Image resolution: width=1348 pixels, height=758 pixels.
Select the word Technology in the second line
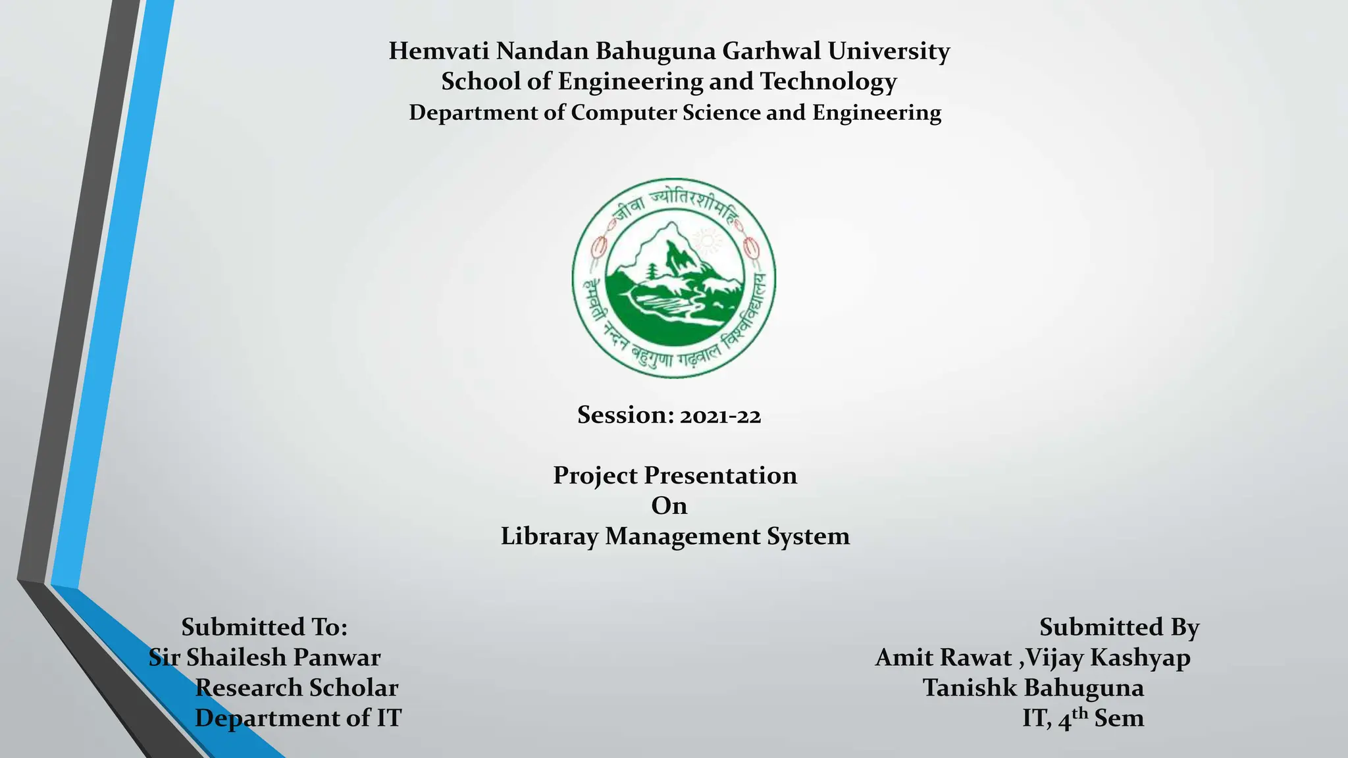tap(828, 82)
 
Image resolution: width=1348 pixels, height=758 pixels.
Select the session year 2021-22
tap(720, 417)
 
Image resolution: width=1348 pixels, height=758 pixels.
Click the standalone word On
tap(669, 506)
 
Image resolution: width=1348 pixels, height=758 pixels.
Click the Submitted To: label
tap(264, 627)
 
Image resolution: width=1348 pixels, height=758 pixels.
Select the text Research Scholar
tap(297, 688)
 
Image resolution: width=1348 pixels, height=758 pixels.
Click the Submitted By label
tap(1119, 627)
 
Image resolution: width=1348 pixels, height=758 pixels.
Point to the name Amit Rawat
tap(943, 657)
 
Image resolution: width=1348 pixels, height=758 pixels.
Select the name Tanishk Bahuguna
tap(1033, 688)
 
